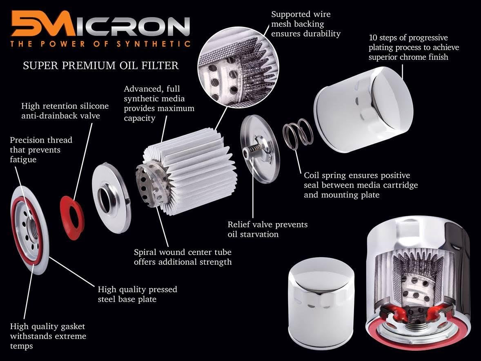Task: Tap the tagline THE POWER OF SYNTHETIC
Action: (x=100, y=44)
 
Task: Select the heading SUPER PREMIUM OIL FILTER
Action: (x=101, y=65)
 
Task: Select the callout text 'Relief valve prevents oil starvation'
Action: (x=267, y=229)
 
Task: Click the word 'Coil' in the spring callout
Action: (x=313, y=175)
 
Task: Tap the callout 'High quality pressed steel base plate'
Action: (x=138, y=294)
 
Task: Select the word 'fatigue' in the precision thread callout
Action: (x=23, y=159)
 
